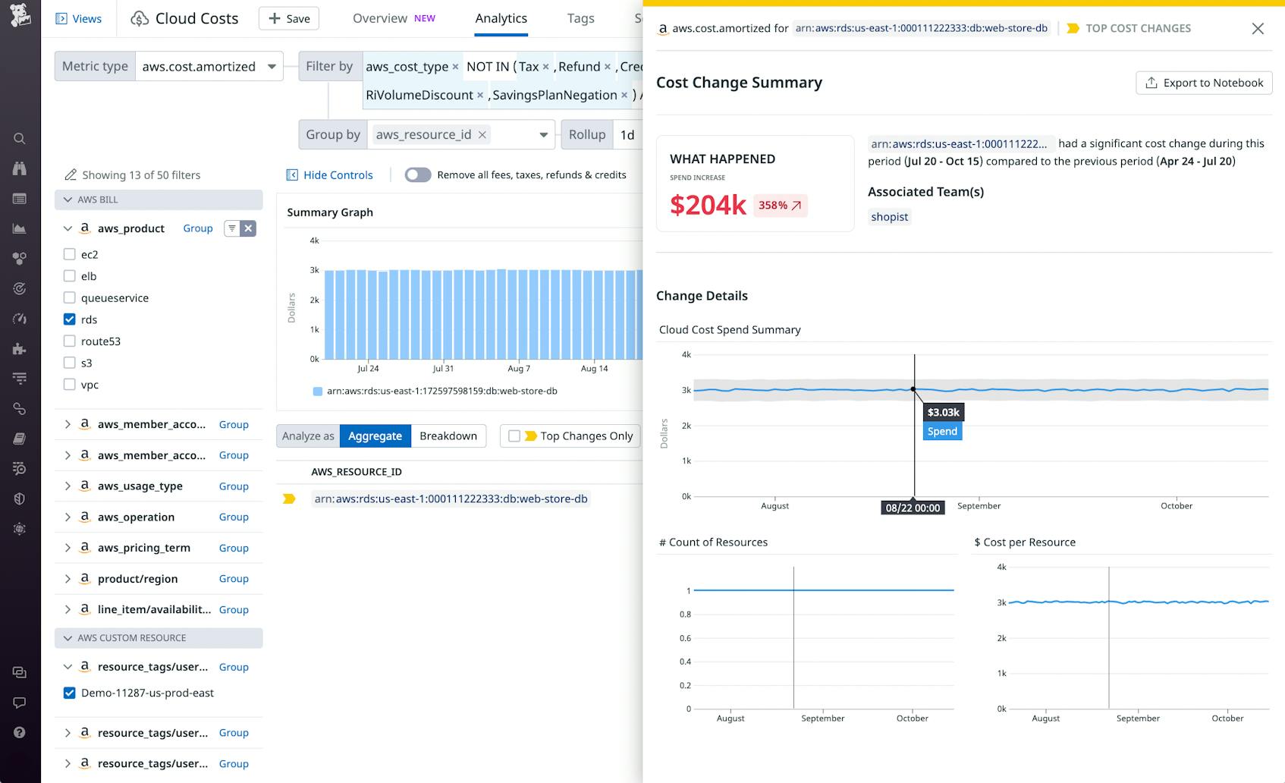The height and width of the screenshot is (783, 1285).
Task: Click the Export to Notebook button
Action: click(1204, 83)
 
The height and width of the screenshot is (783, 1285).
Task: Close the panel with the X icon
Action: click(1258, 28)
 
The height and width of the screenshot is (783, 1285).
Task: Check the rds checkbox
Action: click(70, 319)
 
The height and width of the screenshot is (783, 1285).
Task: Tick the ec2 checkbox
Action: click(70, 254)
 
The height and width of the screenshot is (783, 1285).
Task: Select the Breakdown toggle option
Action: click(448, 436)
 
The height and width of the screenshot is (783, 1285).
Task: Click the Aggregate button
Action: click(375, 436)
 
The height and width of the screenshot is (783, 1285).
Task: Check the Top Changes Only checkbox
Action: click(514, 436)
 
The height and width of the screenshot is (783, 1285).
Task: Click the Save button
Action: click(288, 18)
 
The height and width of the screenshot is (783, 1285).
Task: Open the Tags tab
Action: click(580, 18)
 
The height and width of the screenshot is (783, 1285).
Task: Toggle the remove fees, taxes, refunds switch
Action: click(418, 175)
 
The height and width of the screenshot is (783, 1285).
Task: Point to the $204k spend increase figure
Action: click(708, 205)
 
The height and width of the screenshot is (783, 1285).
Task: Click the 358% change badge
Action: click(780, 206)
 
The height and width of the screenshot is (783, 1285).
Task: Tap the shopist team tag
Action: click(889, 217)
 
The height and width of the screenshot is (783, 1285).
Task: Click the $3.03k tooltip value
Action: click(943, 413)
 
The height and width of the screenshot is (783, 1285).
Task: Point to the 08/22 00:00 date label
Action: click(913, 508)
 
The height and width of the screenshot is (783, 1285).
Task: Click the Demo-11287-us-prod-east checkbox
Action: click(70, 693)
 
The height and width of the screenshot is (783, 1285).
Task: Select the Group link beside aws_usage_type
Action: click(234, 486)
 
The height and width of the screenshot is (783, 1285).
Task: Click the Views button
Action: click(79, 18)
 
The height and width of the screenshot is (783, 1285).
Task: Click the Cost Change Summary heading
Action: click(739, 83)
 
